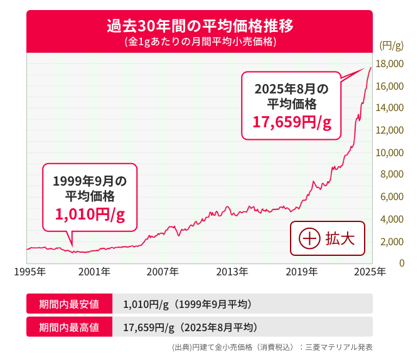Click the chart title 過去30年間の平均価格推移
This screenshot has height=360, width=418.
click(200, 26)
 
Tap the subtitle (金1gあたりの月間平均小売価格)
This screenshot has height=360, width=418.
click(200, 43)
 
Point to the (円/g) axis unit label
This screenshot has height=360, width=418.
click(392, 45)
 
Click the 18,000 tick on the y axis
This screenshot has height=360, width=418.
click(390, 63)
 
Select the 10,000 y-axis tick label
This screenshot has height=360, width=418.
click(390, 152)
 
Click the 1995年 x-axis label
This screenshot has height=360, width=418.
click(29, 271)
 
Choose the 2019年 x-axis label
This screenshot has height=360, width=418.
click(302, 271)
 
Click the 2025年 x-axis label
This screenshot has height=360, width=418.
click(370, 271)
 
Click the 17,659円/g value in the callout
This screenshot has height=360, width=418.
click(291, 122)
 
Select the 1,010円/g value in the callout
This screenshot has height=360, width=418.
click(90, 214)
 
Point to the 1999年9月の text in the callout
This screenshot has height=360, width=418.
click(90, 181)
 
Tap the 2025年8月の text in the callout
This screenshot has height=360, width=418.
click(291, 88)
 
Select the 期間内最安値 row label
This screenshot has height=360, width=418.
click(69, 305)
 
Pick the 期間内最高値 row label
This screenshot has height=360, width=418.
click(69, 327)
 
